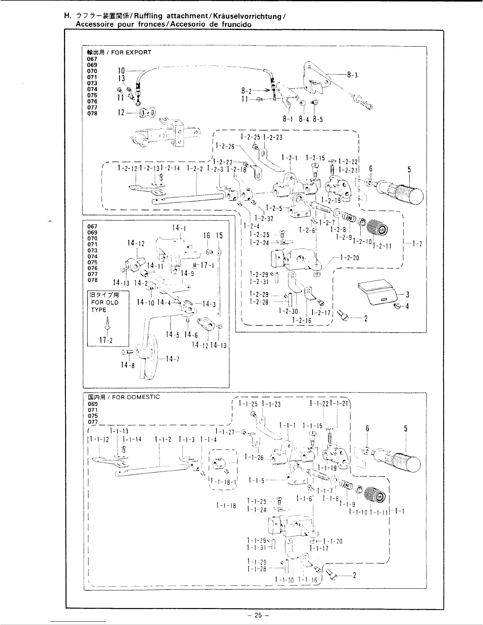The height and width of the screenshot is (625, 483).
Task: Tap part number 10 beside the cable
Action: point(122,71)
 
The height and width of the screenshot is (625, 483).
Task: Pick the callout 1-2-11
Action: point(383,245)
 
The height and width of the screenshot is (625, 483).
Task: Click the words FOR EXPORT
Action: point(131,52)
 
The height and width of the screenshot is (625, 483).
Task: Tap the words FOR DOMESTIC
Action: point(136,397)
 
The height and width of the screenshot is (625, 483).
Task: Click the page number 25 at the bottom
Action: point(258,615)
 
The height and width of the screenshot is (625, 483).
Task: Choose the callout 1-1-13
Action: point(119,431)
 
